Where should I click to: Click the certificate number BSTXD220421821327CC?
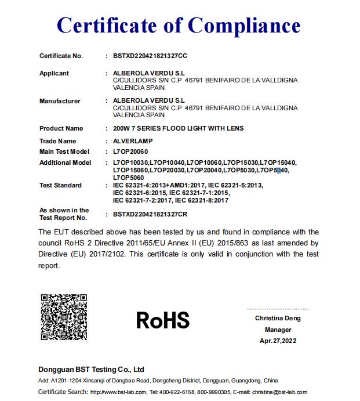(150, 56)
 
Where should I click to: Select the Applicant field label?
(54, 73)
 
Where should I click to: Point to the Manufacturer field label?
(60, 101)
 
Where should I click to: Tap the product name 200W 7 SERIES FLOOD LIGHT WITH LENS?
(178, 128)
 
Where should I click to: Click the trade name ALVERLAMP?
(132, 141)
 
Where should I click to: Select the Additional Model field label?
(65, 162)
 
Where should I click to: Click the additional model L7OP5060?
(129, 177)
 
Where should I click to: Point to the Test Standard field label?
(60, 185)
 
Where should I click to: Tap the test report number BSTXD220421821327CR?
(150, 214)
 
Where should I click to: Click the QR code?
(64, 317)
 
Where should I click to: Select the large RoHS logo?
(163, 320)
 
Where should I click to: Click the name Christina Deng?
(278, 318)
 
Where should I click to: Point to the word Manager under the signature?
(278, 330)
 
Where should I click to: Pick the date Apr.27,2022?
(278, 341)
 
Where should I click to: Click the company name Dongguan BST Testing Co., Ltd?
(91, 369)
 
